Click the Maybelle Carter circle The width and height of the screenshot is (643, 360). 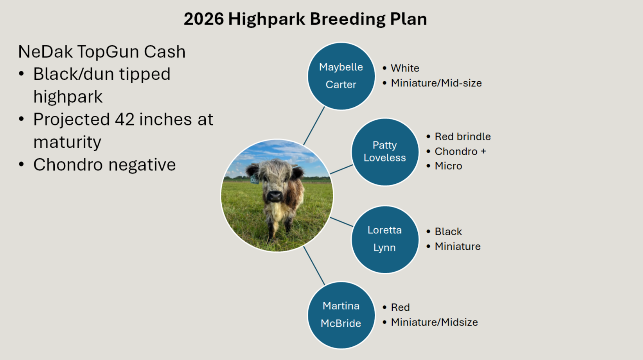[x=341, y=76]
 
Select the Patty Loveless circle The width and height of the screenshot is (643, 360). [x=384, y=152]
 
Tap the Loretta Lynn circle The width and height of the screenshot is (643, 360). [x=384, y=239]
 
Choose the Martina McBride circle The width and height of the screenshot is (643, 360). [x=341, y=315]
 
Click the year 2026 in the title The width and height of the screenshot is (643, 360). [x=203, y=19]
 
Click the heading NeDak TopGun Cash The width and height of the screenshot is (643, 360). [x=102, y=52]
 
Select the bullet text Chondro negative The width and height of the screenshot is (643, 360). [x=104, y=165]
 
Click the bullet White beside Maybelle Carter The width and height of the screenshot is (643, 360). [x=405, y=68]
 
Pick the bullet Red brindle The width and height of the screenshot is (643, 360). [x=462, y=136]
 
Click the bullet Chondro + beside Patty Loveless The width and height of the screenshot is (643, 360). [x=460, y=151]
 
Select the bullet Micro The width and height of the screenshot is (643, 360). [x=448, y=166]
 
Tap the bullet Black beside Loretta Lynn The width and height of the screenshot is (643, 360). [x=448, y=231]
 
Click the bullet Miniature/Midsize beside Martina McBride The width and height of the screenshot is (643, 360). [x=434, y=322]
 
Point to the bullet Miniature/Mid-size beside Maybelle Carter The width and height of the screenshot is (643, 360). [x=436, y=83]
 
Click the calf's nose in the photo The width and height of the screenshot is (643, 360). [x=275, y=195]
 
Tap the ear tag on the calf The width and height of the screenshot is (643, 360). [x=254, y=180]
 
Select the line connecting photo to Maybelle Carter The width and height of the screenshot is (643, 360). [x=314, y=126]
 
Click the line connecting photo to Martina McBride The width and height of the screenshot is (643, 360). [x=314, y=265]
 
